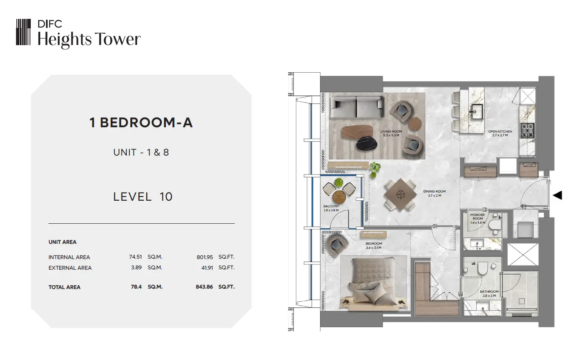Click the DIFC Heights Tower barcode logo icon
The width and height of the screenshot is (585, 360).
click(23, 32)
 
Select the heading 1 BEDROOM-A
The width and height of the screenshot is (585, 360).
click(141, 123)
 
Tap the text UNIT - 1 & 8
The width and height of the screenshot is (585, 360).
click(141, 152)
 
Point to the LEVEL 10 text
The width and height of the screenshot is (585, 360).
click(142, 197)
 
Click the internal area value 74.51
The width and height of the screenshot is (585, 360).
click(135, 257)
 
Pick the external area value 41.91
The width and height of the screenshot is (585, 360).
click(207, 268)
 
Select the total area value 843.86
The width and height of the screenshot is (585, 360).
click(204, 287)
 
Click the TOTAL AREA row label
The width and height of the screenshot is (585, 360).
click(64, 287)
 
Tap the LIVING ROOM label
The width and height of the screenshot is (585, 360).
click(391, 132)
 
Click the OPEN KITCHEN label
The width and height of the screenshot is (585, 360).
click(500, 132)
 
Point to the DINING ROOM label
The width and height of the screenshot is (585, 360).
click(435, 191)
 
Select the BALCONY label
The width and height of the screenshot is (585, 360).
click(331, 206)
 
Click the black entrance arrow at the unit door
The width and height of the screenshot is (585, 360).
click(557, 195)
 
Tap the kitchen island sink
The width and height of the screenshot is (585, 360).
click(477, 112)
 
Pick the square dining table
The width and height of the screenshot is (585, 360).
click(400, 195)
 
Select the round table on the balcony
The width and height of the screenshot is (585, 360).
click(339, 197)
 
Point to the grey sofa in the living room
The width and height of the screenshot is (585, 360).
click(356, 107)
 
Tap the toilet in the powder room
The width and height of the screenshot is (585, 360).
click(494, 225)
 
